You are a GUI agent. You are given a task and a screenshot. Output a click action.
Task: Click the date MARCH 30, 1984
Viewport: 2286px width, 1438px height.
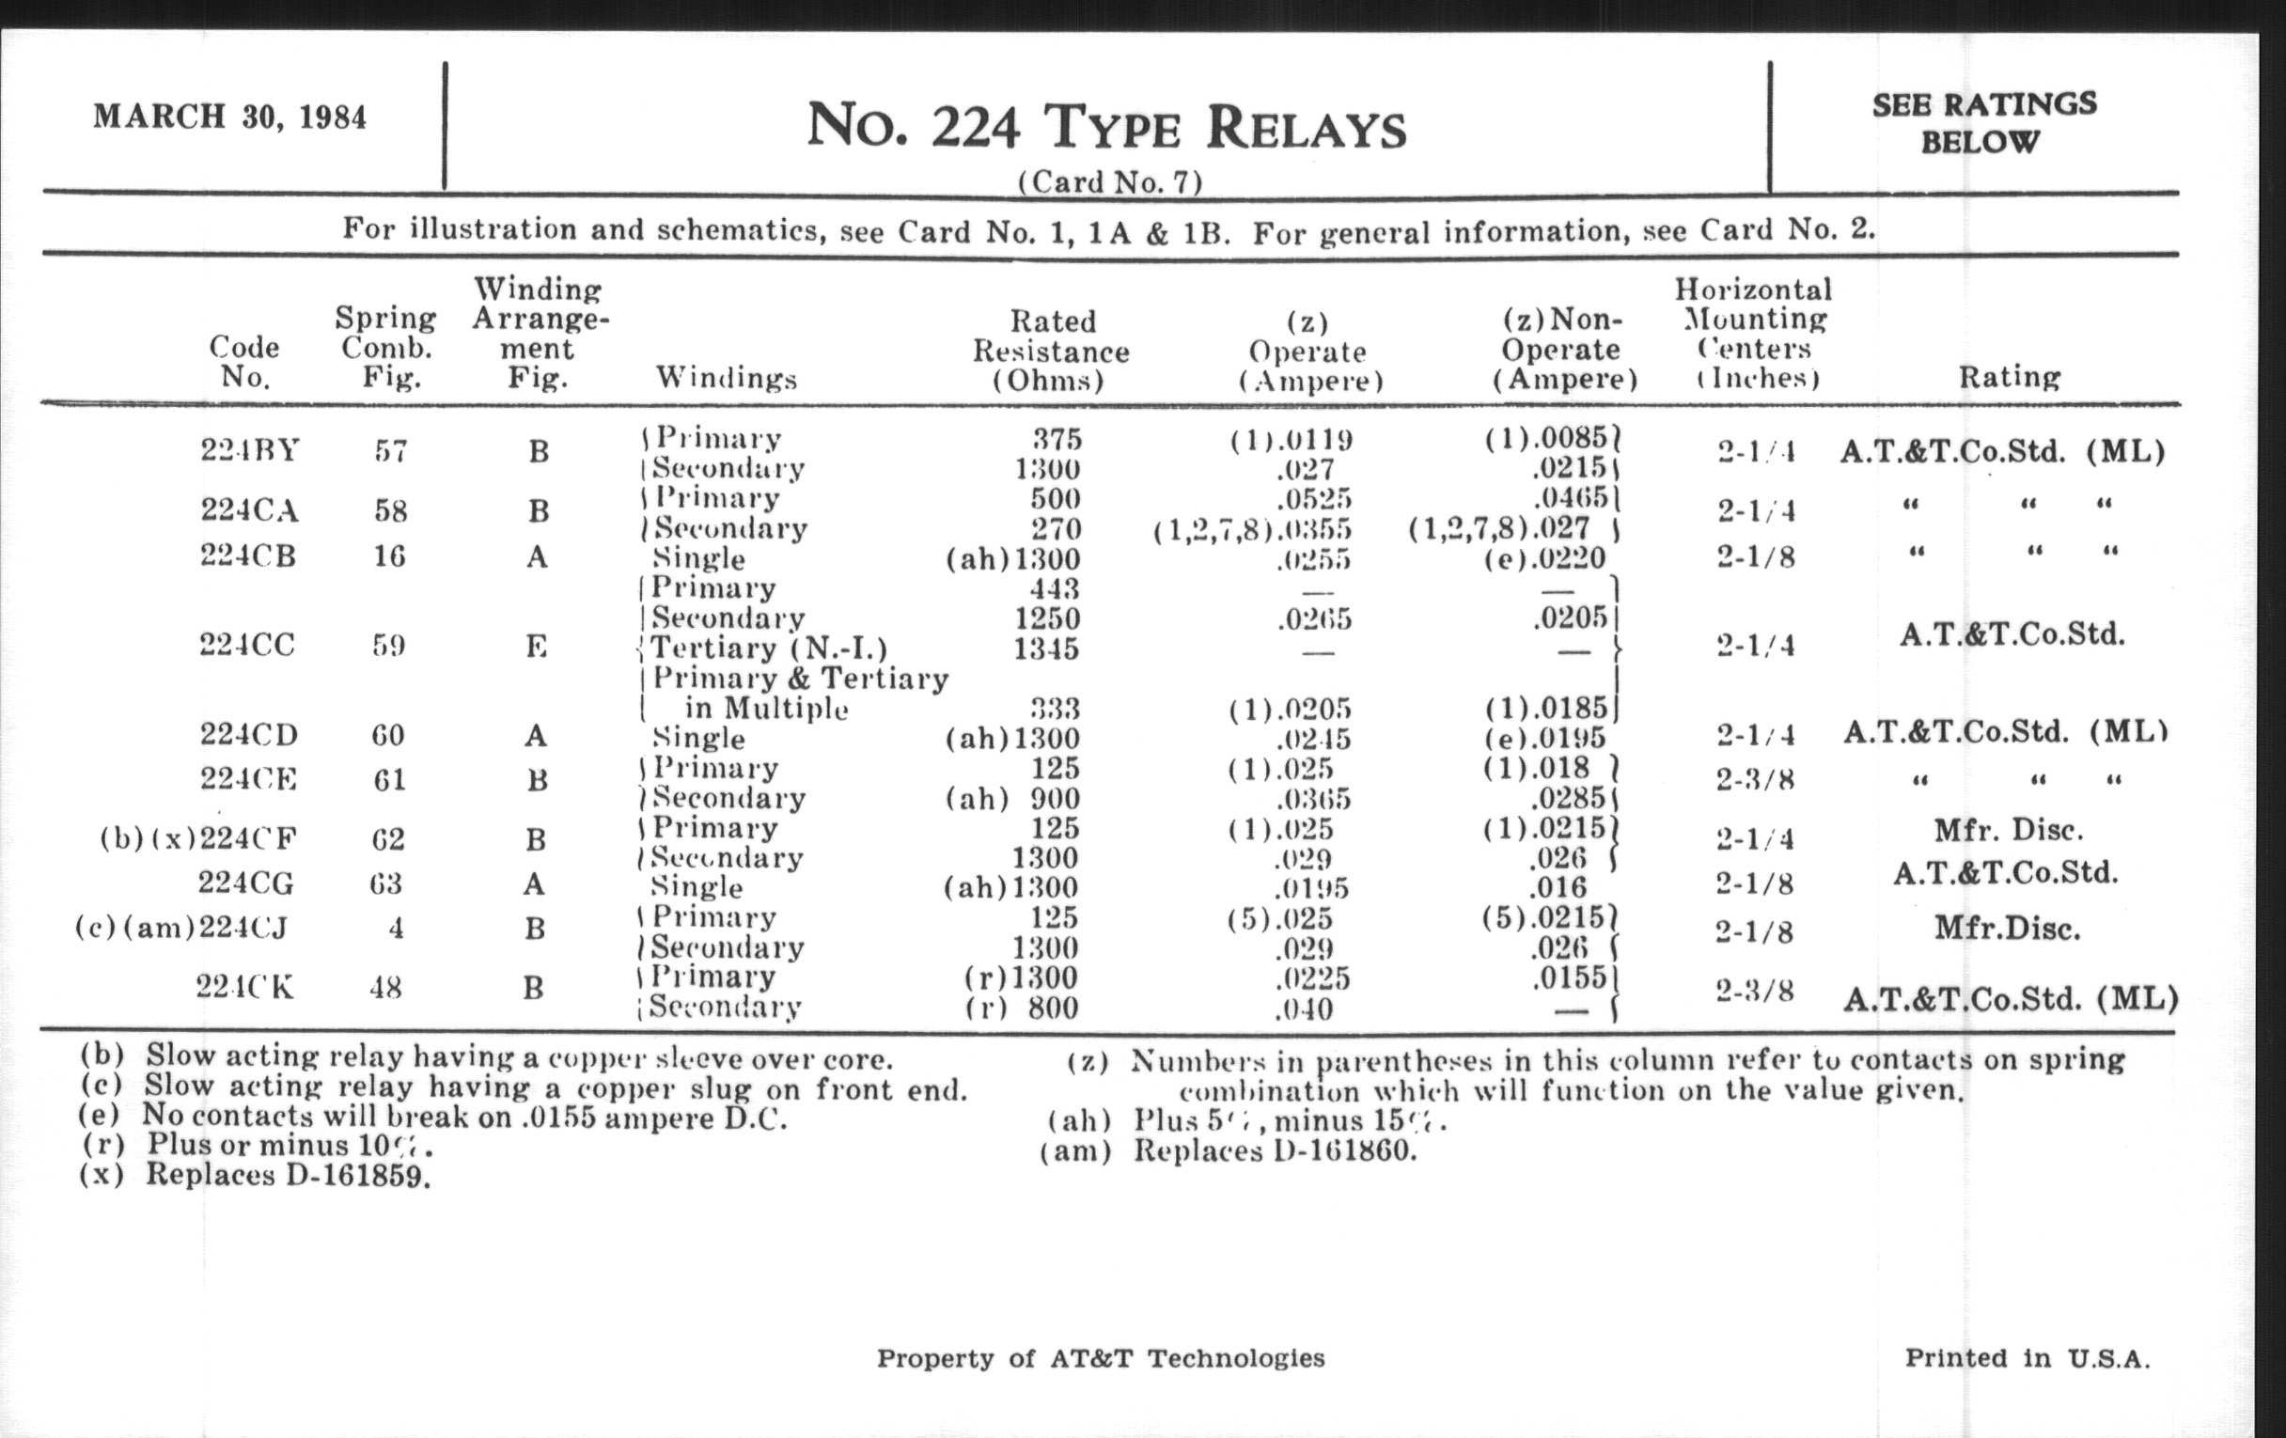pos(228,117)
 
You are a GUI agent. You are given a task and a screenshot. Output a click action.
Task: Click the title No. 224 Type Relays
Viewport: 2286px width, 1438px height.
pos(1106,127)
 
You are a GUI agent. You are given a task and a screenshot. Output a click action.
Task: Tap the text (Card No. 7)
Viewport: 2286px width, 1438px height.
pos(1109,181)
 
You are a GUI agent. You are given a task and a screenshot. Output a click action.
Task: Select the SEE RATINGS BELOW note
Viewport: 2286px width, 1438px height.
pos(1983,122)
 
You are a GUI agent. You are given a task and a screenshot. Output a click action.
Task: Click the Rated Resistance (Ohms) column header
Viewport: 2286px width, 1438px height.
pos(1050,351)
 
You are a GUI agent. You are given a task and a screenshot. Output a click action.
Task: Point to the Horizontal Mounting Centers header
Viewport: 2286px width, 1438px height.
pos(1752,333)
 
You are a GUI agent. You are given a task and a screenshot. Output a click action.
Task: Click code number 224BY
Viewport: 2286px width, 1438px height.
pos(250,450)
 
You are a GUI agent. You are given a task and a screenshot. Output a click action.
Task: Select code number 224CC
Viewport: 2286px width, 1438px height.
pos(247,645)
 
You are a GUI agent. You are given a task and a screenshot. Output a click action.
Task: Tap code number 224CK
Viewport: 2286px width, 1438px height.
pos(245,988)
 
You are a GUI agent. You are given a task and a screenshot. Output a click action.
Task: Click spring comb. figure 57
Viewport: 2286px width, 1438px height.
pos(389,451)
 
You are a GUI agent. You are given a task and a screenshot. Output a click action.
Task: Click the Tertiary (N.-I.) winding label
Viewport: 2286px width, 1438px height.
pos(768,649)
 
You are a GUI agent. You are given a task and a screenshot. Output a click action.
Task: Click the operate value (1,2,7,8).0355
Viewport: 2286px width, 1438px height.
pos(1252,529)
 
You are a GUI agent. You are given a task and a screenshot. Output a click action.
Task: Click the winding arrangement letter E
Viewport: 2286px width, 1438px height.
pos(537,647)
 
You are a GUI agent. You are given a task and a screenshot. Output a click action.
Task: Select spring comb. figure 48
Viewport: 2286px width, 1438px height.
pos(385,988)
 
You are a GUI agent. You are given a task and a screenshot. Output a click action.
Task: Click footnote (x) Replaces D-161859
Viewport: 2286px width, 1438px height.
pos(255,1175)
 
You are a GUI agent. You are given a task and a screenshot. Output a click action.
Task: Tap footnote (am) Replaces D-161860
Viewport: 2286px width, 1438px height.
pos(1229,1151)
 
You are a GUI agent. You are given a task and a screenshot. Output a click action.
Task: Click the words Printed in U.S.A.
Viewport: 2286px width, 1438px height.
pos(2027,1358)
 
